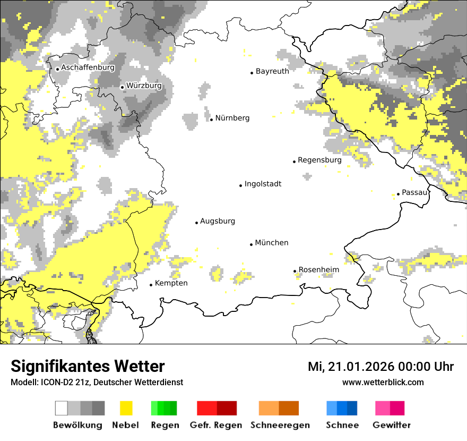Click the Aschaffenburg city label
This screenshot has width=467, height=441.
coord(88,68)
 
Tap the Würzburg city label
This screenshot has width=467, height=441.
coord(144,86)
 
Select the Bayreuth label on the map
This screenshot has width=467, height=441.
coord(272,71)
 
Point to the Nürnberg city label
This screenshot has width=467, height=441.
coord(232,118)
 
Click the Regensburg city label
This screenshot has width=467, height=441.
coord(319,160)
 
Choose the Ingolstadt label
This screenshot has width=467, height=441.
coord(263,184)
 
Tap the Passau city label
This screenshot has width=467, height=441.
coord(414,192)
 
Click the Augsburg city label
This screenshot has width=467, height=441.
coord(218,222)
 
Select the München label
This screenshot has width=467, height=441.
coord(272,243)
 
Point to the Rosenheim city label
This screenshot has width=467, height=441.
coord(319,270)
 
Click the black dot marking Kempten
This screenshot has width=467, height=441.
coord(151,285)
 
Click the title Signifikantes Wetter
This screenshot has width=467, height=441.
coord(88,366)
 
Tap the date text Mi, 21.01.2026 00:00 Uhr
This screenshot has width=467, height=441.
coord(380,367)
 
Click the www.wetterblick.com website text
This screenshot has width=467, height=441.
coord(383,382)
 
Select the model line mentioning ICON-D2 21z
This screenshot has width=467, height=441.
coord(97,382)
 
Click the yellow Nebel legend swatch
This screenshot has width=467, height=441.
coord(126,408)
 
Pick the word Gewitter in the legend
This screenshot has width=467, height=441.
coord(391,425)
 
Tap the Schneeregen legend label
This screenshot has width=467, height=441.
coord(280,425)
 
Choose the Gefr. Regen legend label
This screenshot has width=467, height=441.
coord(216,425)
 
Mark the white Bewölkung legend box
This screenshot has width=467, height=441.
coord(61,408)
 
